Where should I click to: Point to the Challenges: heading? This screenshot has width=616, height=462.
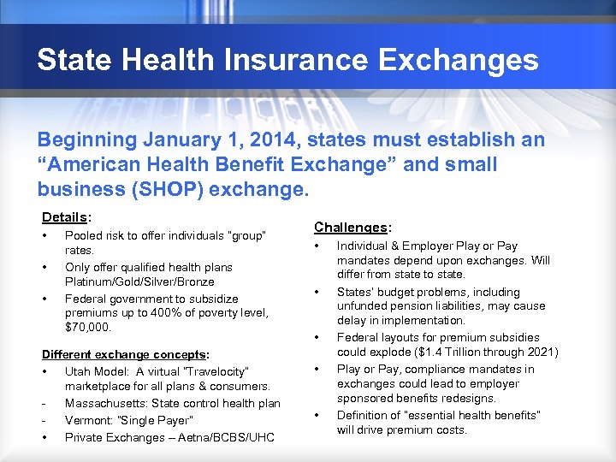352,227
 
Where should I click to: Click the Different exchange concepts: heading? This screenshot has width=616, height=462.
126,354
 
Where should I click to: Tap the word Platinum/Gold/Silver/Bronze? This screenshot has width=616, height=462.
139,281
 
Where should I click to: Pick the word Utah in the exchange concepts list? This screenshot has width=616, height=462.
78,371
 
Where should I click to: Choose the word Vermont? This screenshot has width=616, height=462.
89,420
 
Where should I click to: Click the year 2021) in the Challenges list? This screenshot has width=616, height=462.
542,352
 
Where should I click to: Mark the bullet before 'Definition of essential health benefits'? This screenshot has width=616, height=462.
317,415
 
